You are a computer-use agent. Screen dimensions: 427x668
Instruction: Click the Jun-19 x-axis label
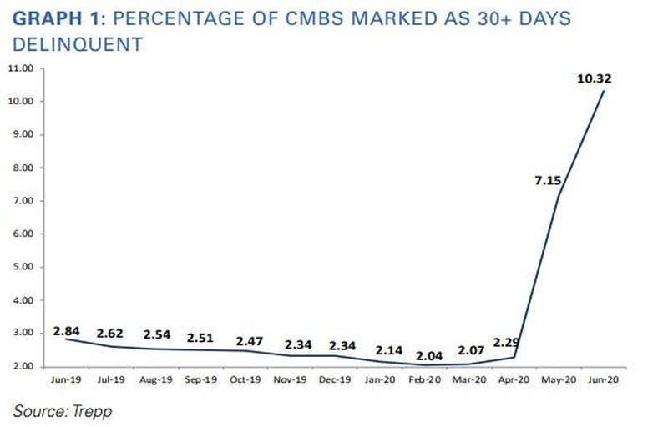(64, 379)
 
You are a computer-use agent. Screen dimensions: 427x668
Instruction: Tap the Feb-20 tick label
(424, 379)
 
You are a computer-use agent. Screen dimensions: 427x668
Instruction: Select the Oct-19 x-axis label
(245, 379)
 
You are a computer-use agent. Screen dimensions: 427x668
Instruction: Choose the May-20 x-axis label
(559, 379)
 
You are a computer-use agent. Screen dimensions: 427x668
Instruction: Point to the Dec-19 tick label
(334, 379)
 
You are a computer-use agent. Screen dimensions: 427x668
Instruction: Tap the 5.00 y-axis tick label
(23, 267)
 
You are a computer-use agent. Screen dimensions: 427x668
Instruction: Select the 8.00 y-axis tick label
(23, 168)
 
